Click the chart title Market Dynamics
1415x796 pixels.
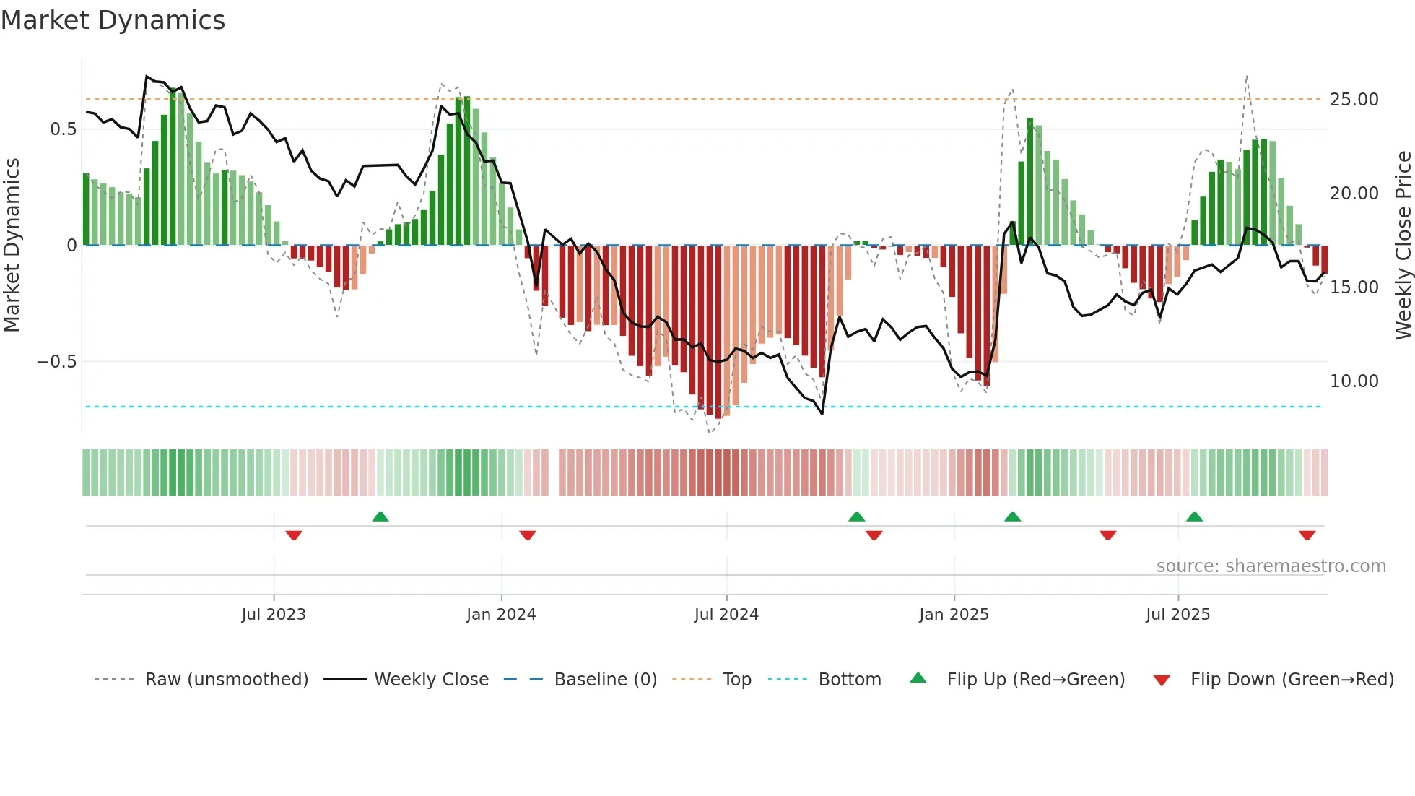click(x=113, y=20)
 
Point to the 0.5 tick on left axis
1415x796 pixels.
click(x=63, y=129)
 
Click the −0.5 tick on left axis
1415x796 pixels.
click(x=57, y=362)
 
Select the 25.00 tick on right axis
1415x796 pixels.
click(x=1354, y=100)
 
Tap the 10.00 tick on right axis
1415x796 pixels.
click(x=1354, y=381)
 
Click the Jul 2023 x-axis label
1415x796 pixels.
click(x=274, y=615)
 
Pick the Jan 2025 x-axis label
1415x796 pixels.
click(x=954, y=615)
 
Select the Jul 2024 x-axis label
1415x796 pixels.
click(x=726, y=615)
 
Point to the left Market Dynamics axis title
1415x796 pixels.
click(x=12, y=246)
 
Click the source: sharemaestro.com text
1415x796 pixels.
click(x=1271, y=566)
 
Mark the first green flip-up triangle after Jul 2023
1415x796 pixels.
click(x=380, y=517)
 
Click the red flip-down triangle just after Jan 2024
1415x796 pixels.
click(x=528, y=535)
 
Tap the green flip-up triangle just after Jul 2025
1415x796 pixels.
click(x=1194, y=517)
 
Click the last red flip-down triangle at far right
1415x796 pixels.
click(x=1307, y=535)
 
